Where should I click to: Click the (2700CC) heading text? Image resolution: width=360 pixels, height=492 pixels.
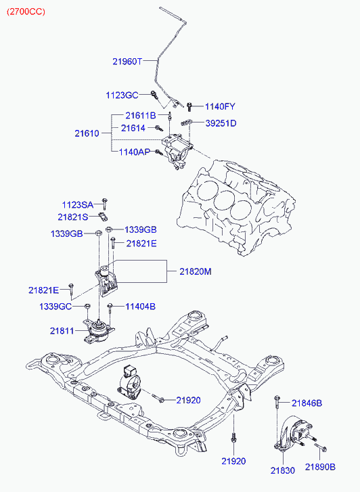pyautogui.click(x=26, y=12)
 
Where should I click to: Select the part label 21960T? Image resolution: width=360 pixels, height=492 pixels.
pyautogui.click(x=127, y=61)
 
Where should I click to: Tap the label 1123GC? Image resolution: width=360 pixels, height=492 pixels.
pyautogui.click(x=122, y=95)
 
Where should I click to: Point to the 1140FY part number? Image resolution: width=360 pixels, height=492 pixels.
pyautogui.click(x=220, y=107)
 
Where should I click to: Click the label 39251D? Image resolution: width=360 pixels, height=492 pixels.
pyautogui.click(x=221, y=123)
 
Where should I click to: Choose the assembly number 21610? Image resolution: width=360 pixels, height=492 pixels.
pyautogui.click(x=87, y=133)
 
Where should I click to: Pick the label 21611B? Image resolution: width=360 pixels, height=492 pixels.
pyautogui.click(x=141, y=116)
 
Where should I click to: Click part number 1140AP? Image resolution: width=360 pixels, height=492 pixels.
pyautogui.click(x=135, y=152)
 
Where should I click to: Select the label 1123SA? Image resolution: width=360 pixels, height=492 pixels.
pyautogui.click(x=78, y=205)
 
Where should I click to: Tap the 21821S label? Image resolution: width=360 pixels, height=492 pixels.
pyautogui.click(x=73, y=217)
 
